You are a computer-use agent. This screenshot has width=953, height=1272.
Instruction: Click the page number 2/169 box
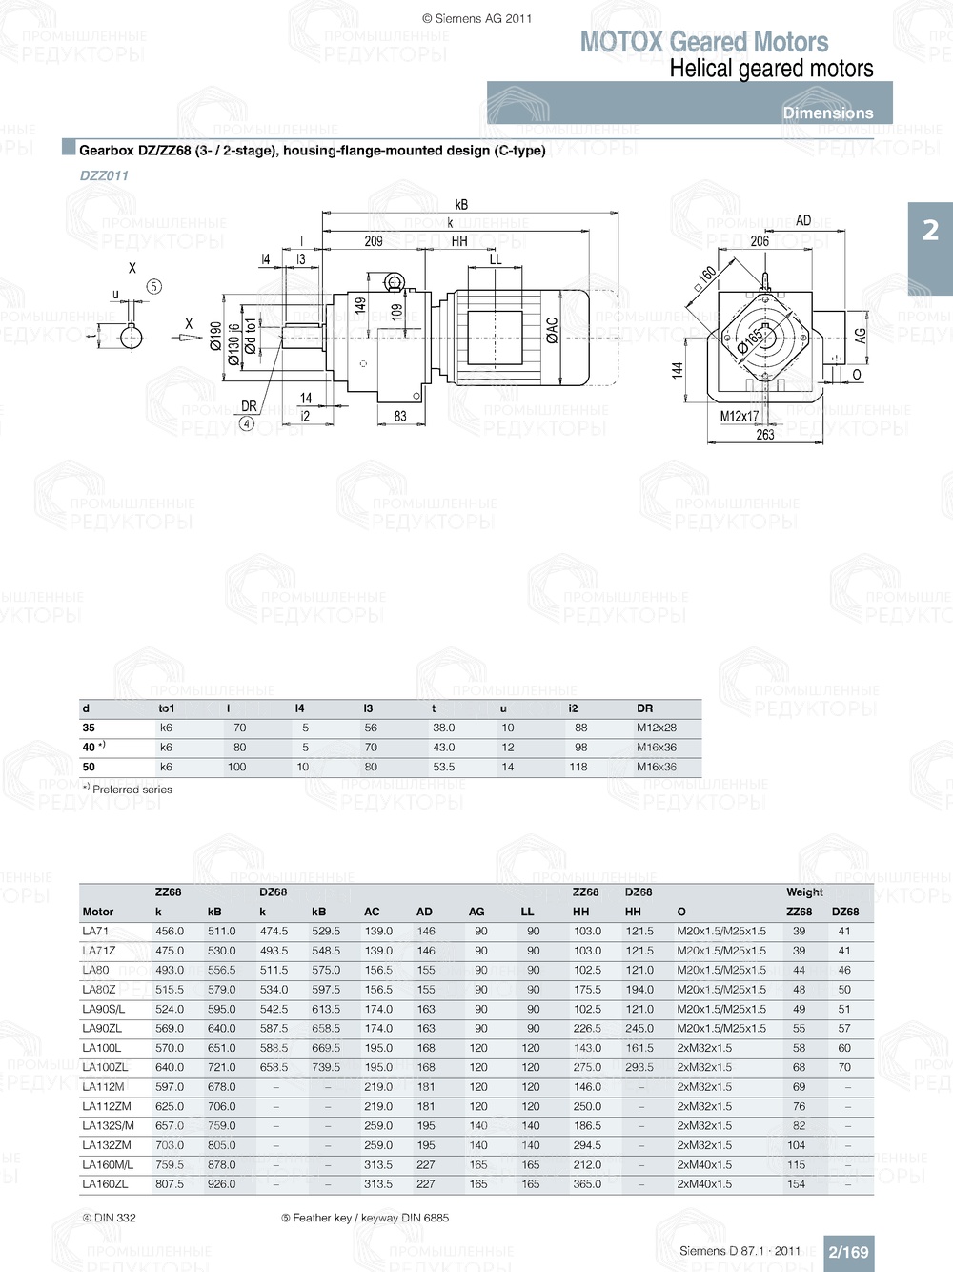pos(848,1252)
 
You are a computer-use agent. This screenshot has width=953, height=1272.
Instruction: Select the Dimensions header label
pos(827,113)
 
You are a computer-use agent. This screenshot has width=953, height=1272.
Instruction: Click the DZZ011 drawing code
pos(104,175)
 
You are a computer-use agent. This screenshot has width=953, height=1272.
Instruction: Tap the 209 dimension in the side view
pos(374,241)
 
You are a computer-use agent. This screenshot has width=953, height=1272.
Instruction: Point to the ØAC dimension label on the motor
pos(552,330)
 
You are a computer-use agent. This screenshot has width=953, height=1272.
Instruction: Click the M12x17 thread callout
pos(739,416)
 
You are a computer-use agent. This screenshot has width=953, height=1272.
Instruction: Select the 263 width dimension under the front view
pos(765,435)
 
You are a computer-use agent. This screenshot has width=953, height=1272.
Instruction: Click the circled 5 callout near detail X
pos(154,286)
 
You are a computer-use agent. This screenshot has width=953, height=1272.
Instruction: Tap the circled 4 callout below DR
pos(247,423)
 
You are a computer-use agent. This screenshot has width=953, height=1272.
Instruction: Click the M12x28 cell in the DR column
pos(657,728)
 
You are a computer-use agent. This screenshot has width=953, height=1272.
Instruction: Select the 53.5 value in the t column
pos(444,767)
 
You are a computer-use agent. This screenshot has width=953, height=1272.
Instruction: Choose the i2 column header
pos(573,708)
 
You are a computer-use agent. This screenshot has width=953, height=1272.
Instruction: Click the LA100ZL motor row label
pos(105,1067)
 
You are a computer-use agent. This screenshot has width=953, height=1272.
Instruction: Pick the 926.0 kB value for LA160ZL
pos(221,1184)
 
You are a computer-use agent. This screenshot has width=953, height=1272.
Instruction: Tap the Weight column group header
pos(804,892)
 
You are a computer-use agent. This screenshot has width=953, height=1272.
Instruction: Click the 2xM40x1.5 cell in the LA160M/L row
pos(704,1164)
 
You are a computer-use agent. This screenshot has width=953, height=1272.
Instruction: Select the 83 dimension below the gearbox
pos(400,416)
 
